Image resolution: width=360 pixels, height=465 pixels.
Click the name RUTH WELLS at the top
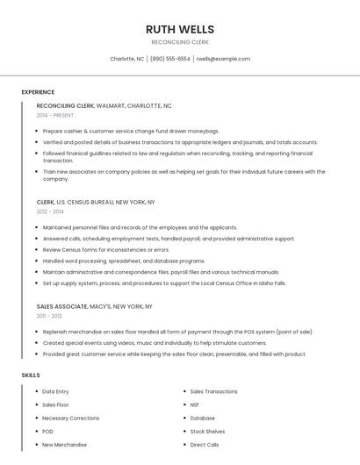coord(180,29)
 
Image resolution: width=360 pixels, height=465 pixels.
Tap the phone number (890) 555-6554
coord(169,59)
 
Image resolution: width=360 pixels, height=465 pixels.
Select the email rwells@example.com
coord(223,59)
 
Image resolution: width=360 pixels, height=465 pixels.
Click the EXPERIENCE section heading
coord(38,92)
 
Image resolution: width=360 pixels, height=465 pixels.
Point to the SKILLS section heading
coord(31,375)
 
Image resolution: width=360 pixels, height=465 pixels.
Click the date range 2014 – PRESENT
coord(55,115)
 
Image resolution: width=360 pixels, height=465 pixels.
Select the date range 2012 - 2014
coord(50,211)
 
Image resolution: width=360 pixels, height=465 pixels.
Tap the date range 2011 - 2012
coord(49,316)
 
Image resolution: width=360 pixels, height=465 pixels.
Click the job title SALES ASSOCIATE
coord(61,307)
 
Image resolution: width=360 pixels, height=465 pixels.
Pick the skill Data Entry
coord(55,391)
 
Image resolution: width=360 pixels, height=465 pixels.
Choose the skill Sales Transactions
coord(213,391)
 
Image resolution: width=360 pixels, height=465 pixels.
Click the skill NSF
coord(194,404)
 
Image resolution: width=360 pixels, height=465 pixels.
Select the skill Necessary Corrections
coord(71,418)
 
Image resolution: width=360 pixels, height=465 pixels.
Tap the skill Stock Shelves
coord(207,432)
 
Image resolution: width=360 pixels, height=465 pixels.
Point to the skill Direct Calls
coord(205,445)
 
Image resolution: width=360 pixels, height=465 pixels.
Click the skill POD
coord(47,432)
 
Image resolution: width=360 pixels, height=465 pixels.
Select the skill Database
coord(202,418)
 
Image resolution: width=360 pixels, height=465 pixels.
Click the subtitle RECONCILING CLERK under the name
coord(180,42)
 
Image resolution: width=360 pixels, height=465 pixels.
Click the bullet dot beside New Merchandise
coord(35,445)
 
